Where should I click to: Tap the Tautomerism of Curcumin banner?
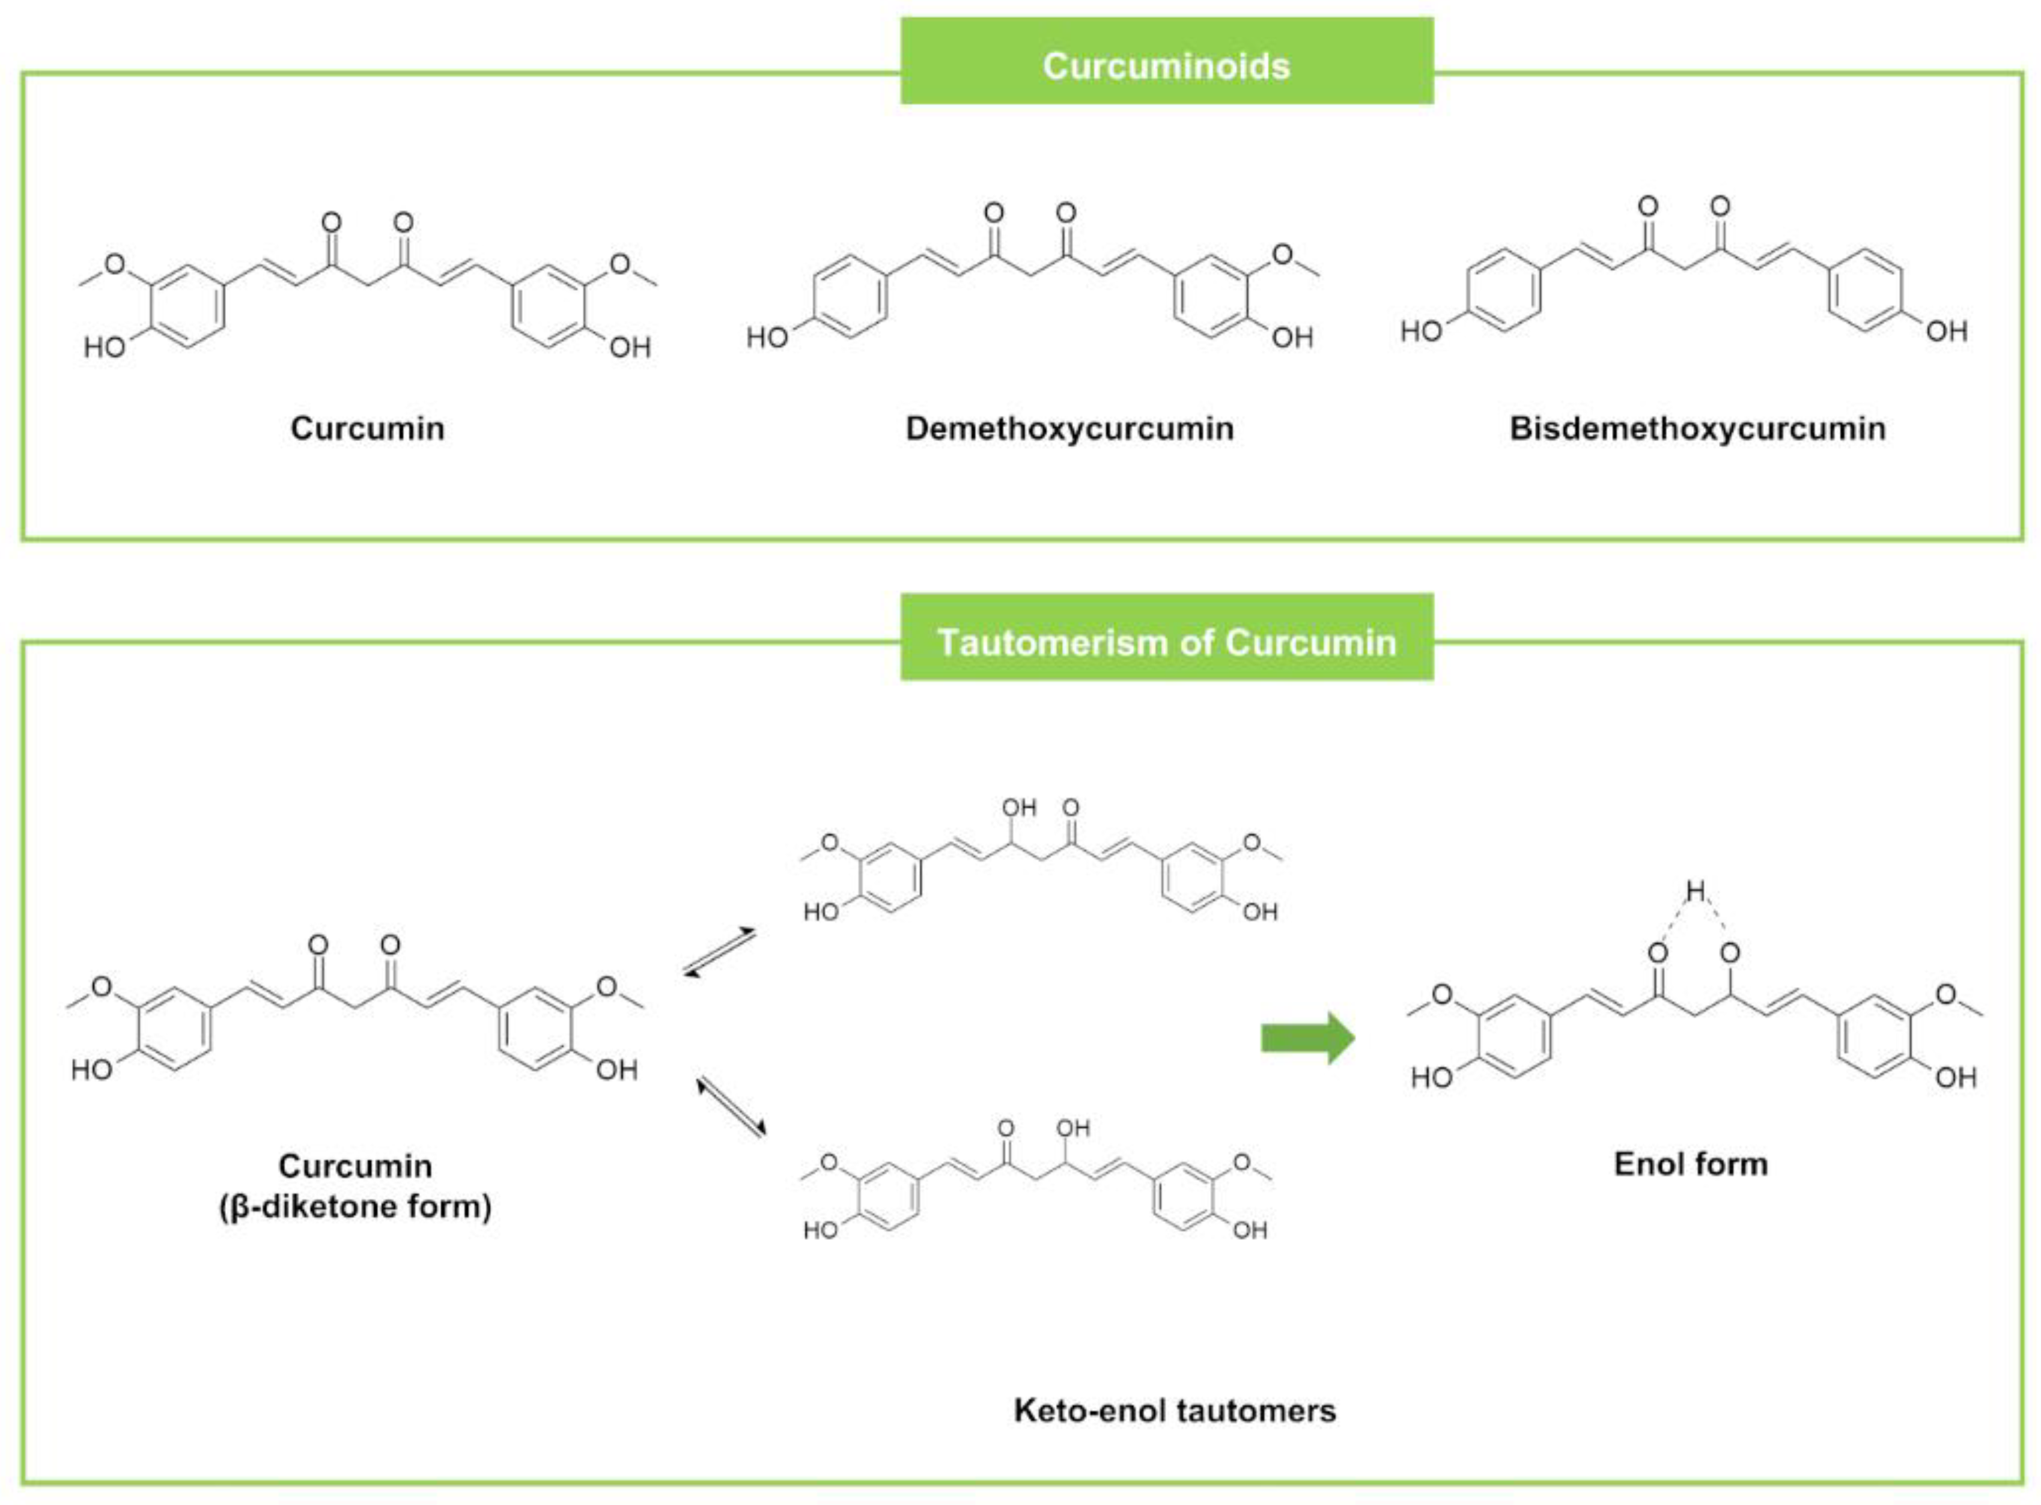1166,642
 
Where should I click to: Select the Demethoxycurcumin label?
1069,428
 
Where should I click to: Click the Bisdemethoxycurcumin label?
1697,428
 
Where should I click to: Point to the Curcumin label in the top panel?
367,428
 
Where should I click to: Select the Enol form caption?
1690,1163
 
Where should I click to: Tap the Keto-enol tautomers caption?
1175,1410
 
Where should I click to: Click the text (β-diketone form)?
354,1206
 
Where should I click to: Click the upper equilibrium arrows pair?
720,952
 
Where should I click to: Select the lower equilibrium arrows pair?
731,1107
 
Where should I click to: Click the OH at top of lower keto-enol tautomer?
1073,1128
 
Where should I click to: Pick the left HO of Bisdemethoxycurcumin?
1422,330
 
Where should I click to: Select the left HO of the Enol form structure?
1431,1078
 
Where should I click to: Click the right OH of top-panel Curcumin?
630,347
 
